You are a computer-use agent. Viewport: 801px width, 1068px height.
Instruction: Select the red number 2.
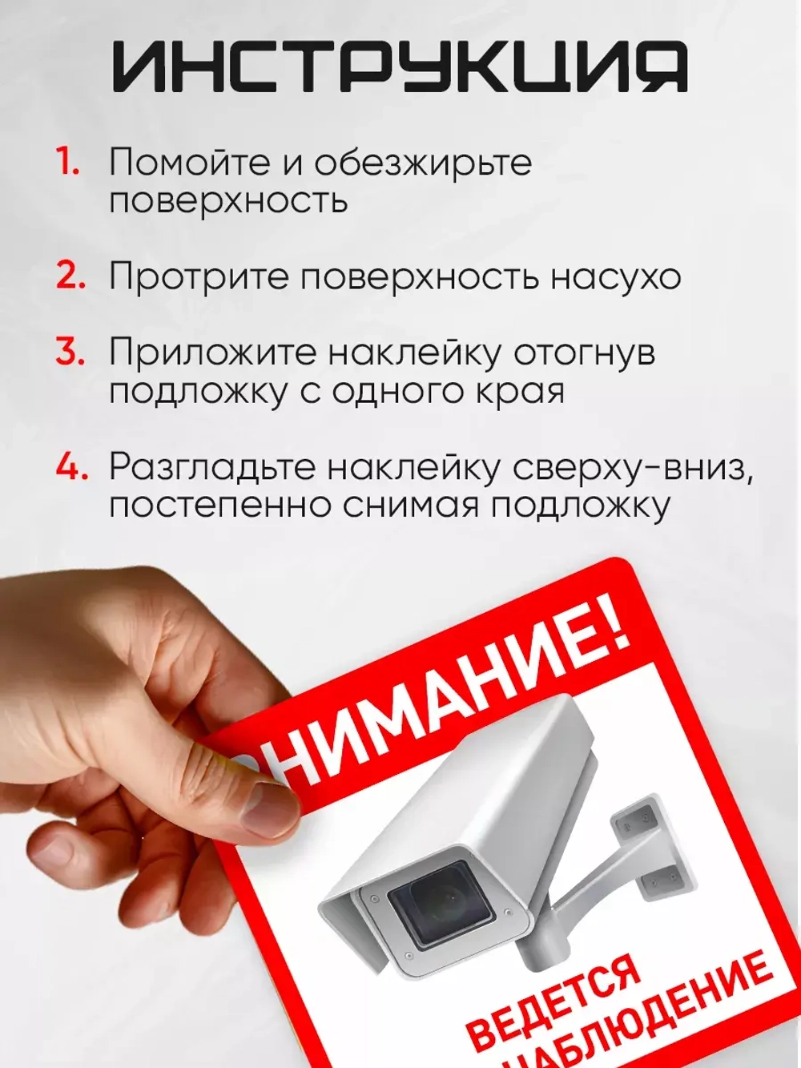coord(70,276)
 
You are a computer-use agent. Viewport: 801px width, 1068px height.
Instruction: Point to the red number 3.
coord(70,352)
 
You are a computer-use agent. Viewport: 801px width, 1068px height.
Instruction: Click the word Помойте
coord(189,162)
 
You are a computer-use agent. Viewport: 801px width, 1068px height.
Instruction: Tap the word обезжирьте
coord(423,163)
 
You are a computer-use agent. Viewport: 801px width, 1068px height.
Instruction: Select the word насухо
coord(615,277)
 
